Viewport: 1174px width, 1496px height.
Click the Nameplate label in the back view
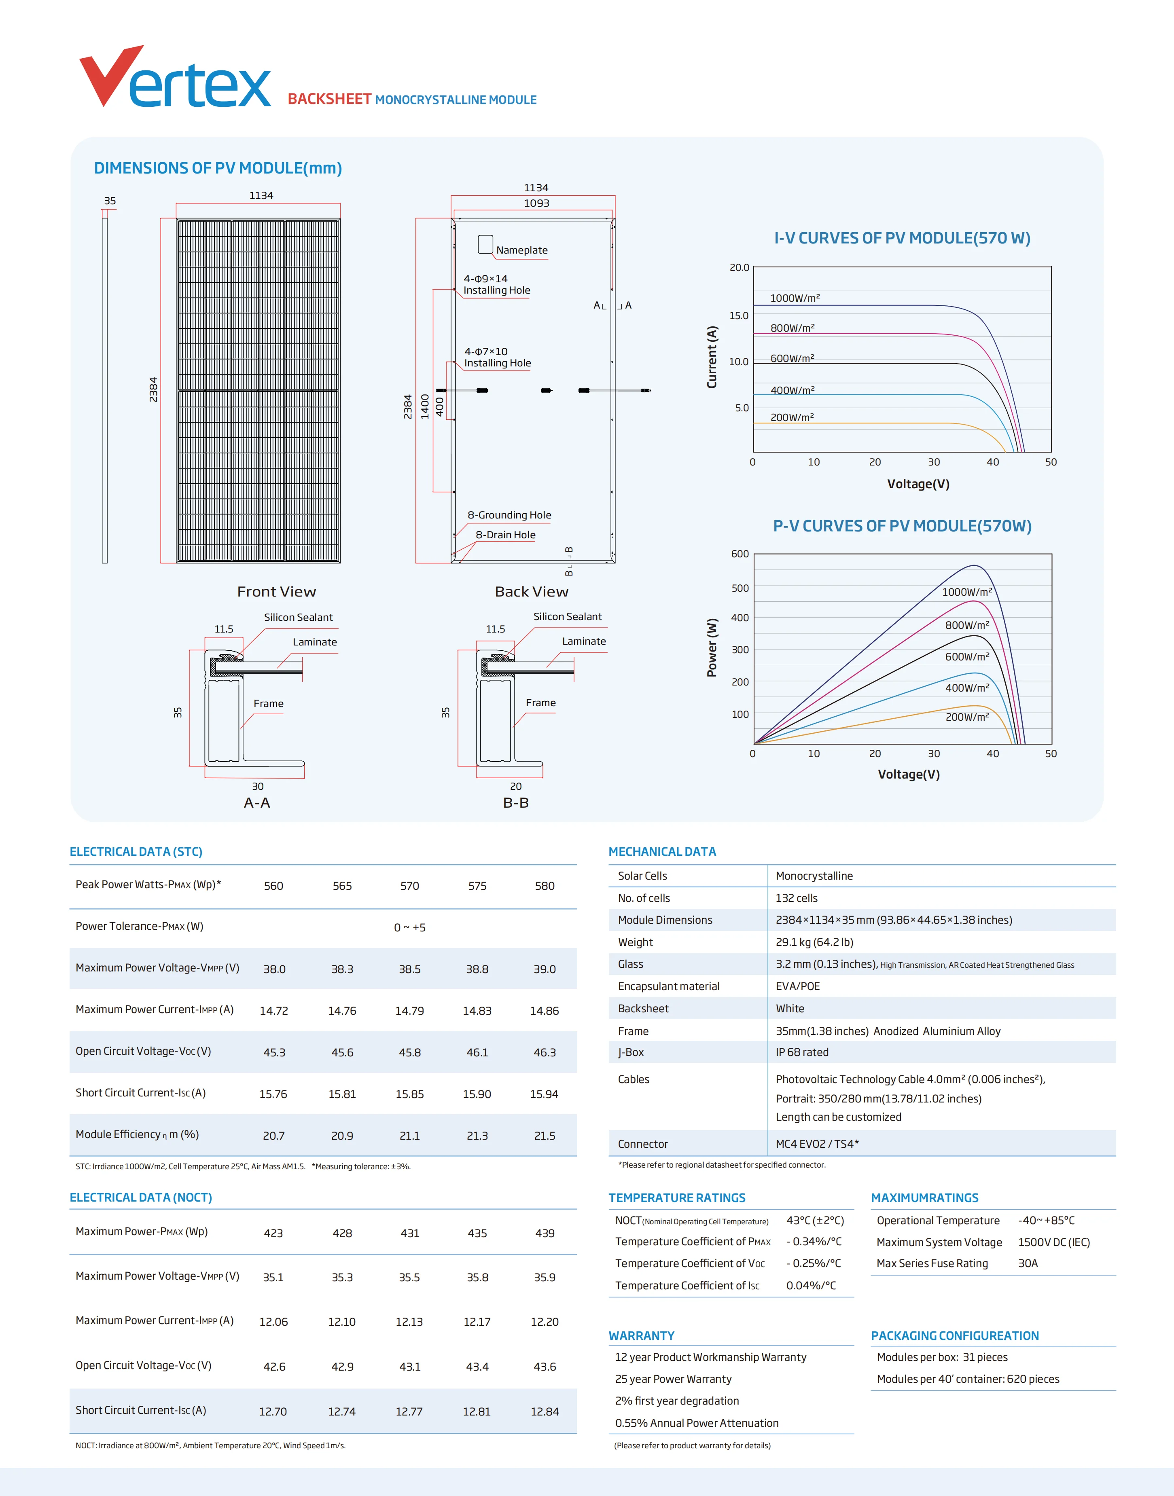[522, 250]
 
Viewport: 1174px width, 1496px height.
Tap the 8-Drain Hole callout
[505, 535]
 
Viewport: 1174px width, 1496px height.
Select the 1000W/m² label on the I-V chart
[795, 298]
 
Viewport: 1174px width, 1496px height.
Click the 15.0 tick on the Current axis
[739, 315]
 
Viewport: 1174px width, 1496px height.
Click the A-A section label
[257, 803]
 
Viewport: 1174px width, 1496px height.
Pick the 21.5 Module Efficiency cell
[545, 1136]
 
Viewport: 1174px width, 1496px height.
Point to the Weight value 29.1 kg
[814, 942]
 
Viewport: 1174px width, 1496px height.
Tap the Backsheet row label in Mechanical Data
[643, 1009]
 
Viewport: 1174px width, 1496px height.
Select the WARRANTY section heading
[641, 1336]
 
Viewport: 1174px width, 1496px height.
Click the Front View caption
[276, 592]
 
